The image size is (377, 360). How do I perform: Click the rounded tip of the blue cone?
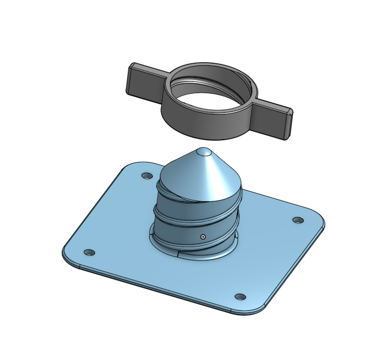(203, 152)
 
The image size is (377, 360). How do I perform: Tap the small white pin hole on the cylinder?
(203, 236)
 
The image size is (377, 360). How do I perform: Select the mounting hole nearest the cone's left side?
(146, 175)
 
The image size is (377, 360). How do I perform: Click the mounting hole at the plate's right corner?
(298, 220)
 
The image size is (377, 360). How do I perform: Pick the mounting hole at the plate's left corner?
(89, 252)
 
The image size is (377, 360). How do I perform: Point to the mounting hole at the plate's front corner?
(240, 296)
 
